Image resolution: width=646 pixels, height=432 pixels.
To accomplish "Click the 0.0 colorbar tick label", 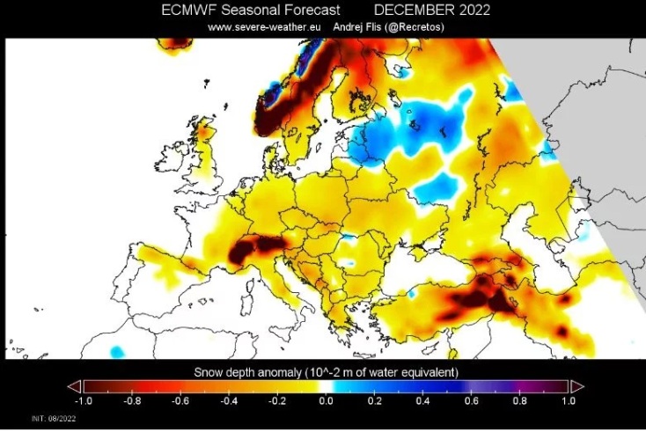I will click(x=326, y=400).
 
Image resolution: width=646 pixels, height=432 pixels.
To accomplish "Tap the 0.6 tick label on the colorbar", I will click(x=472, y=400).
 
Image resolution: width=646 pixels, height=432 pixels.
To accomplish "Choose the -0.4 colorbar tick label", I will click(x=229, y=400).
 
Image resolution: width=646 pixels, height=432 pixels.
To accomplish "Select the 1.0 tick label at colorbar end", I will click(x=569, y=400).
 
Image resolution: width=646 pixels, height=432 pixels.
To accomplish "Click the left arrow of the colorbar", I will click(x=75, y=386).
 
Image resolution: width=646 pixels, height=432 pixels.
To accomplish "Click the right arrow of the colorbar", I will click(x=577, y=386).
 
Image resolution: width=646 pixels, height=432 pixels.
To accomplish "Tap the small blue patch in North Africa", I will click(x=117, y=351).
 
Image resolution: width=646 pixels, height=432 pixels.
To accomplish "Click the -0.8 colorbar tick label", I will click(x=132, y=400).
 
